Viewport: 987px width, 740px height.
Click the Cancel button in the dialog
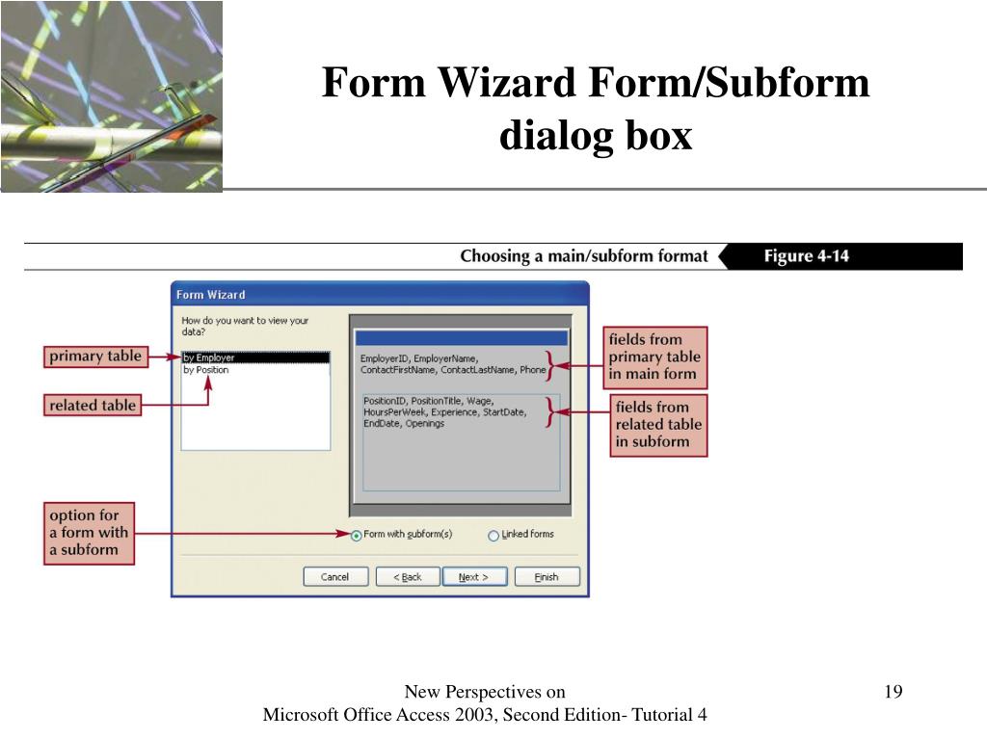click(335, 577)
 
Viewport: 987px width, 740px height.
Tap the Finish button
click(547, 577)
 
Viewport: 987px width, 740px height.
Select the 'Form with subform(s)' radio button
click(357, 536)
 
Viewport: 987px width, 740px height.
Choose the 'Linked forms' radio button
click(493, 536)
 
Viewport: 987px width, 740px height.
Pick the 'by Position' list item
click(206, 370)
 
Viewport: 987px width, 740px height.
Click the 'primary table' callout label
click(94, 357)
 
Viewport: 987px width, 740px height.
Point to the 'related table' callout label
click(93, 405)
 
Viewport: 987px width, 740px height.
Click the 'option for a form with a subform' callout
click(89, 533)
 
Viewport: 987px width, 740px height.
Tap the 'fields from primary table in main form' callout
click(655, 357)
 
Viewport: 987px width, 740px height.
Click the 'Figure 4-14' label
click(806, 256)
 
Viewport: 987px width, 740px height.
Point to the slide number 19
click(892, 692)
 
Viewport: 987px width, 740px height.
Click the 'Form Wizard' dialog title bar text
click(210, 295)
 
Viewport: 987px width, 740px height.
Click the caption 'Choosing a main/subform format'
click(583, 256)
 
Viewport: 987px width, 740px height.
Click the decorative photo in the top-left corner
click(111, 96)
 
